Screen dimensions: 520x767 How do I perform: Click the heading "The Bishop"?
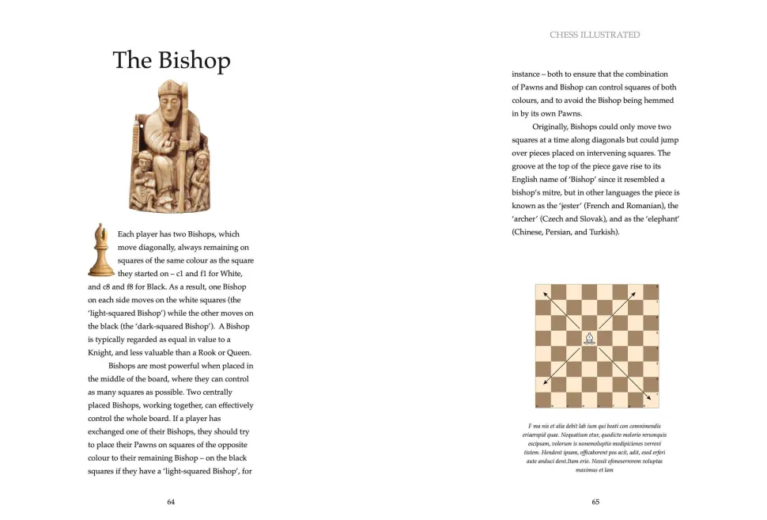click(171, 61)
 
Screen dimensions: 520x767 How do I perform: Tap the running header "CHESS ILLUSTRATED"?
click(595, 35)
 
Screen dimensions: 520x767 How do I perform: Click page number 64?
click(171, 502)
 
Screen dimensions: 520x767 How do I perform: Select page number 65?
click(595, 502)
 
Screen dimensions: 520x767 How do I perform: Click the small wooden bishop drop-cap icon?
click(100, 249)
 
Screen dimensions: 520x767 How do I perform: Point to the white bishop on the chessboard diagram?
click(589, 339)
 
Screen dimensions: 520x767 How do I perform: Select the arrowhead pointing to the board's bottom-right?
click(649, 399)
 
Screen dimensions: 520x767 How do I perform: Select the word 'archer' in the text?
click(526, 218)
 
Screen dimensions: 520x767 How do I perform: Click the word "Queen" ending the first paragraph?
click(239, 352)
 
